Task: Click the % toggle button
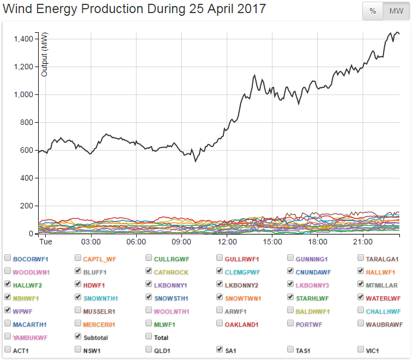pyautogui.click(x=373, y=11)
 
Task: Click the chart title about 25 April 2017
pyautogui.click(x=135, y=9)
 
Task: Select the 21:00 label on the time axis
pyautogui.click(x=362, y=242)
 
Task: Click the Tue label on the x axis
pyautogui.click(x=45, y=242)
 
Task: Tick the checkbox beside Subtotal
pyautogui.click(x=78, y=337)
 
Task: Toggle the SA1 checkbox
pyautogui.click(x=220, y=350)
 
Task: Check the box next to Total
pyautogui.click(x=149, y=337)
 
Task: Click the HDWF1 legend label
pyautogui.click(x=94, y=284)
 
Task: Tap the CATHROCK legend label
pyautogui.click(x=171, y=271)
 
